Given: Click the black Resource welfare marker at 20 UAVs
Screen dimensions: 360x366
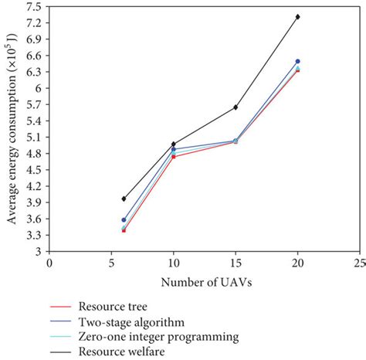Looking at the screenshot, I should (x=297, y=16).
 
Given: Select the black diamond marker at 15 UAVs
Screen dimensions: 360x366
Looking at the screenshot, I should (x=236, y=107).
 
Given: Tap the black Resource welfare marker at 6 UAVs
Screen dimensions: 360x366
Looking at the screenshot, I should (x=124, y=199).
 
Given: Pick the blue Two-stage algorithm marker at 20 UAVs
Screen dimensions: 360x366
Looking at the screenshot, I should (x=297, y=61).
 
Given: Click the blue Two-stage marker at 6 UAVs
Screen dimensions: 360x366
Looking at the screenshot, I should (x=124, y=220).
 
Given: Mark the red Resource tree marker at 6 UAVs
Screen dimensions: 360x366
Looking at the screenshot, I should (x=124, y=230).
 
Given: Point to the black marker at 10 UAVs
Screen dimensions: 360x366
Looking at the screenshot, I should (x=173, y=144).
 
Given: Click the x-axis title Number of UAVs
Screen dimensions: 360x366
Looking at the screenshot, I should (x=204, y=284).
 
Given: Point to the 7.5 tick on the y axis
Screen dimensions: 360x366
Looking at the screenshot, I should (x=35, y=6).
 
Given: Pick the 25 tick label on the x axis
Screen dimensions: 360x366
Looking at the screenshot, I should (x=358, y=263).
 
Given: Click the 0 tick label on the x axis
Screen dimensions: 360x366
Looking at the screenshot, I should (x=49, y=263).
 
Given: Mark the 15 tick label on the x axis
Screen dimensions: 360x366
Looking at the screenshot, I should (x=235, y=263).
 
